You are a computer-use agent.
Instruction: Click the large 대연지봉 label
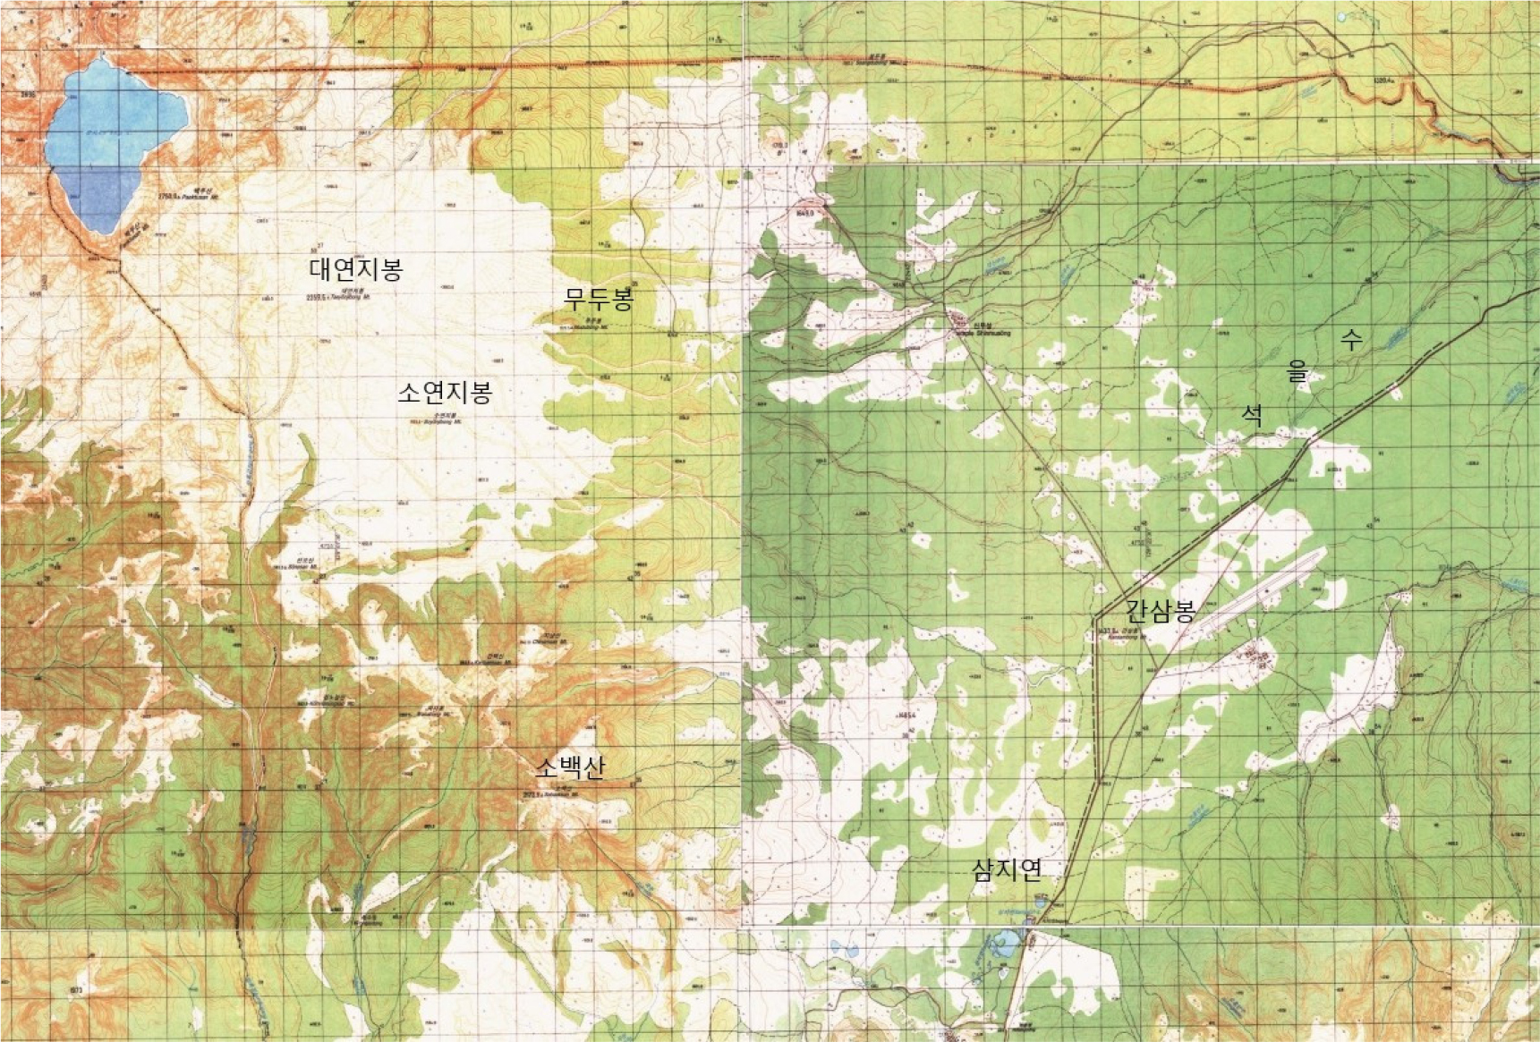356,268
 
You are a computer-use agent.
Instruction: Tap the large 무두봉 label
599,299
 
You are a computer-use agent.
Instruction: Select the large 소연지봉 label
445,392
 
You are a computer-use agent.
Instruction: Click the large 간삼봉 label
1161,612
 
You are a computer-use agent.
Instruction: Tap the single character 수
1351,339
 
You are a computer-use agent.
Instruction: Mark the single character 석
1252,414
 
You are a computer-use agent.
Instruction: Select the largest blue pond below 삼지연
1006,942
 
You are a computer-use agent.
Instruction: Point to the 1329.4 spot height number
1383,80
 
